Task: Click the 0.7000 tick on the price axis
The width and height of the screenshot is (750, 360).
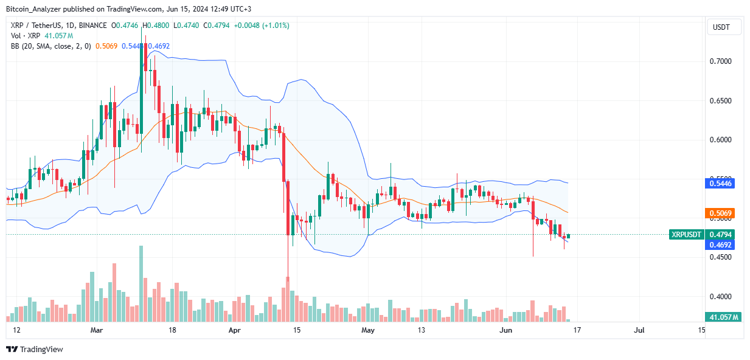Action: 723,61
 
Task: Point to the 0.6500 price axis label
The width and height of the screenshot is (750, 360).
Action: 723,101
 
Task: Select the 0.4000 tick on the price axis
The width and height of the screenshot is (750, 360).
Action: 723,297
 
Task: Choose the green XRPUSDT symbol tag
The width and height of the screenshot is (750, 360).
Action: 686,234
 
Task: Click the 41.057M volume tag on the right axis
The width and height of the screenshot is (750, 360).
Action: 723,317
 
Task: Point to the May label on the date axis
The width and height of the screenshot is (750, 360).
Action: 368,330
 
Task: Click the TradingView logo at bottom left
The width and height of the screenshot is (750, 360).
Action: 35,349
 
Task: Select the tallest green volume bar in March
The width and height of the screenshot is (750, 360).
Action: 141,283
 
